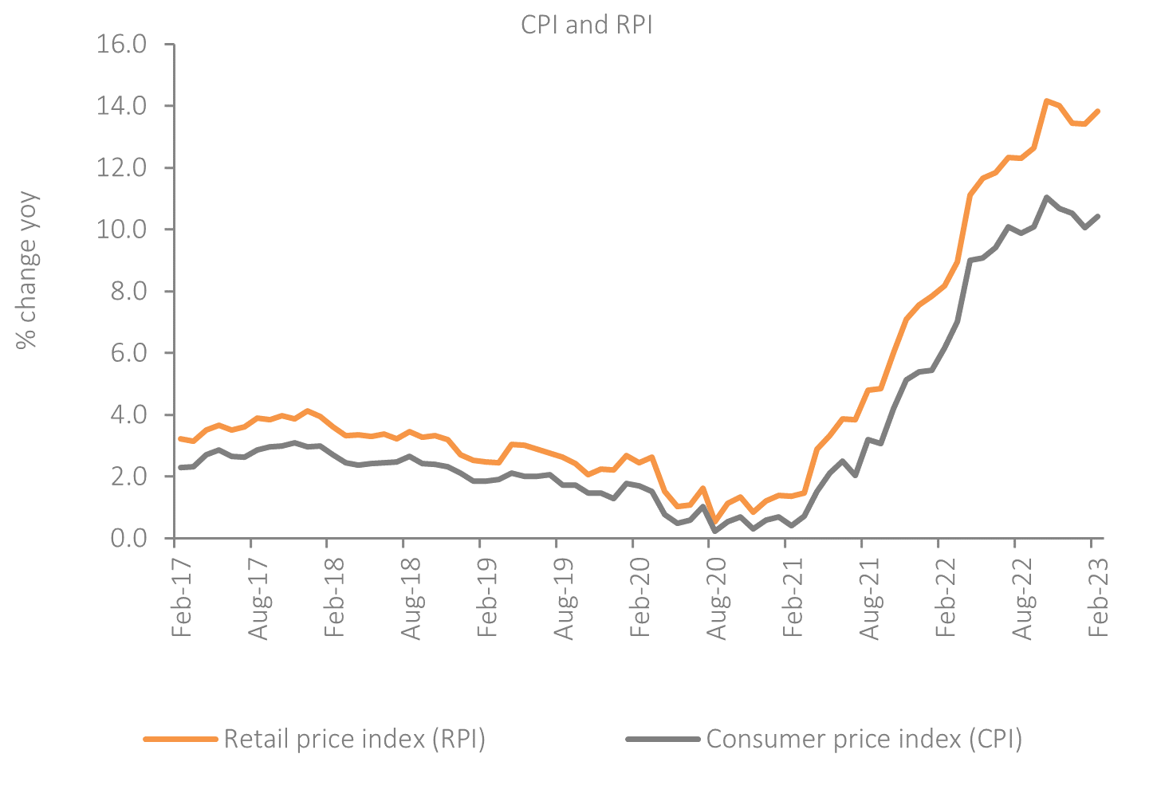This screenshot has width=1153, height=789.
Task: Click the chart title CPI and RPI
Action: [587, 25]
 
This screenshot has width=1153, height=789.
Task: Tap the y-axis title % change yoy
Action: [27, 269]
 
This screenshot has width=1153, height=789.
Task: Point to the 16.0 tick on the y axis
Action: [122, 44]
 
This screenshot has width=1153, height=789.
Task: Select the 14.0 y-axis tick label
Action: [122, 106]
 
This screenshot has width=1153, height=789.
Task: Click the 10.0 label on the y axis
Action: [122, 230]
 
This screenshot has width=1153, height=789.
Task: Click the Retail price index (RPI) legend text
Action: [354, 739]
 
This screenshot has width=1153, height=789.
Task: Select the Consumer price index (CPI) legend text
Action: [864, 739]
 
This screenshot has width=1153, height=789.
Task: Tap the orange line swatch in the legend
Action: [180, 739]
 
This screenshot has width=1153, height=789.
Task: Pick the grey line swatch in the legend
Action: [663, 739]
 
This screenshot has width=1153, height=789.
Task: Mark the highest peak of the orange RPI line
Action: [1046, 100]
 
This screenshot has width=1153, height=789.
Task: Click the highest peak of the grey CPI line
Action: [1046, 197]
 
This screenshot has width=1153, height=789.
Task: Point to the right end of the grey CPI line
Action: [1099, 216]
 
